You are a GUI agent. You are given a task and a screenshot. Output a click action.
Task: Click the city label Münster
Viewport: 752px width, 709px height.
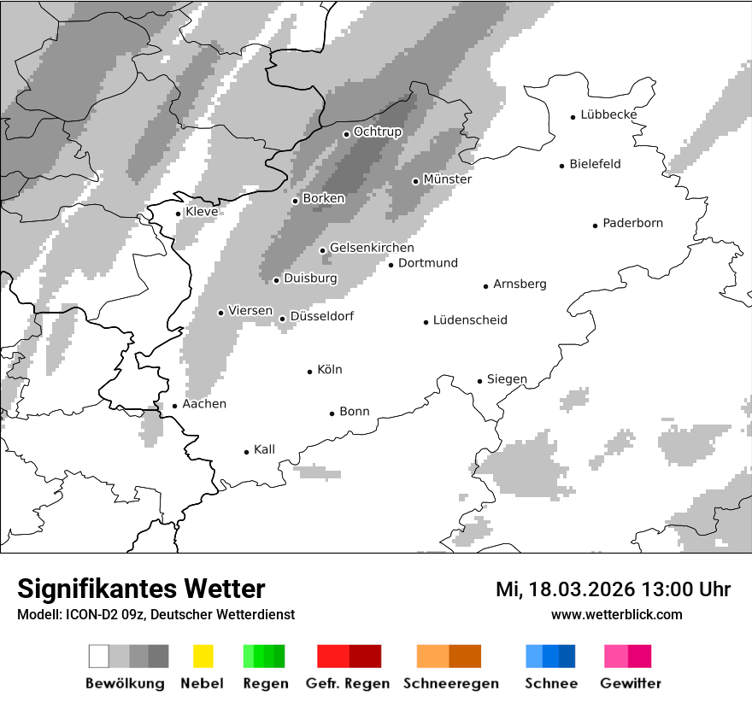448,179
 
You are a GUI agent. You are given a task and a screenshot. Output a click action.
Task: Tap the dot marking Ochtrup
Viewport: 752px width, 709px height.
346,133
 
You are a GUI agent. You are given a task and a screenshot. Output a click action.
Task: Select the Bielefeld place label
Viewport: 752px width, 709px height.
595,164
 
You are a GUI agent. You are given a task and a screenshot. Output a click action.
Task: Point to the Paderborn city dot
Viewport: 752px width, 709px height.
595,226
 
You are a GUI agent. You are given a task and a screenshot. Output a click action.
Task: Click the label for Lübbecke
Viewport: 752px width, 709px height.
608,114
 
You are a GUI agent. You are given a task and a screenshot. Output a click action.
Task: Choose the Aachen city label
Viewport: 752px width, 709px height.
204,404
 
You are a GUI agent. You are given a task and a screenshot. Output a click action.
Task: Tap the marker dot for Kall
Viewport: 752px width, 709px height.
246,452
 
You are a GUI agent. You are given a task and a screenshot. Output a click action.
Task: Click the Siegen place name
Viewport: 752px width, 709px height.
507,379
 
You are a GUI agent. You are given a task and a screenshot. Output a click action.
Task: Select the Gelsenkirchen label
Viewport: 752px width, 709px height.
372,248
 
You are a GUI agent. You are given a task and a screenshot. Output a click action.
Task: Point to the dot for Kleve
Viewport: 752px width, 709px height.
178,214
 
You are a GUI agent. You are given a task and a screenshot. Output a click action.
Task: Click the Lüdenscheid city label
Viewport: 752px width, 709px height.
470,320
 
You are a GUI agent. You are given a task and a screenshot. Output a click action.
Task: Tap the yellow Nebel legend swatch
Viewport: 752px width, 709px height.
203,656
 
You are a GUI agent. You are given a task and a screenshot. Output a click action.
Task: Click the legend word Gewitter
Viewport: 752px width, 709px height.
631,683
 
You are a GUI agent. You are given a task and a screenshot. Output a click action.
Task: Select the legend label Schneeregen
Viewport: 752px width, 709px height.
450,683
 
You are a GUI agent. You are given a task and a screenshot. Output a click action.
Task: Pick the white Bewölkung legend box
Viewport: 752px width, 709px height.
99,656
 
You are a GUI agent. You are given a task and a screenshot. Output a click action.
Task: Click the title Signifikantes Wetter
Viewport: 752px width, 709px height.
141,589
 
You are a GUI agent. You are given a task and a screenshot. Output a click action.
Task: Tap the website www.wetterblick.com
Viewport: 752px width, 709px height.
617,614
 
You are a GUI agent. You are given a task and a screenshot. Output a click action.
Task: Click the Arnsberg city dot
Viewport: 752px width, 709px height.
485,286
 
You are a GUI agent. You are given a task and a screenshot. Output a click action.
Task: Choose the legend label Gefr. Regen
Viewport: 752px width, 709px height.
348,683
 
